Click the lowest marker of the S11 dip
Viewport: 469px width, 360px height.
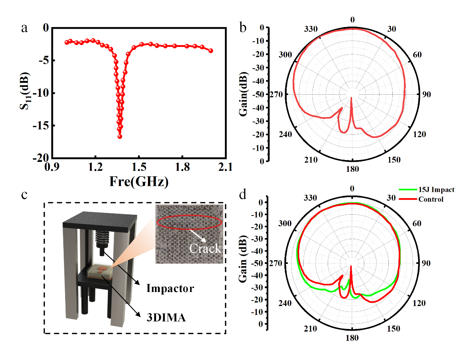pos(120,136)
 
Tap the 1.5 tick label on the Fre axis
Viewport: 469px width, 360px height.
pos(139,167)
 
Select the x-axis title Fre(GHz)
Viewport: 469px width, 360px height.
pos(139,181)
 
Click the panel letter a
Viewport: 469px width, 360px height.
pos(24,28)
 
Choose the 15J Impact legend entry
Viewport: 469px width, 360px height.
pos(436,190)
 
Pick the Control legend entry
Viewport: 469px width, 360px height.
pos(431,199)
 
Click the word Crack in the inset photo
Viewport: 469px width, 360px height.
pos(205,248)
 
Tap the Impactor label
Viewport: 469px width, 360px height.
pos(170,288)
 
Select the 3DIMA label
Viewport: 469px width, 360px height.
pos(166,317)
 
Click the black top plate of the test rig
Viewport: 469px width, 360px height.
pos(100,221)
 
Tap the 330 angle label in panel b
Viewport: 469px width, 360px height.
pos(311,29)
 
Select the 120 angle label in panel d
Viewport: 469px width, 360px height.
pos(419,303)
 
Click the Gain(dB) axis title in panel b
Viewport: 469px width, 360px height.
pos(243,94)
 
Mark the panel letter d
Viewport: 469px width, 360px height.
pos(243,194)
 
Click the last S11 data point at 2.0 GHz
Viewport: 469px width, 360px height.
pos(211,51)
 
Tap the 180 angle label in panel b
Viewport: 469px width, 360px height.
pos(352,169)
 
